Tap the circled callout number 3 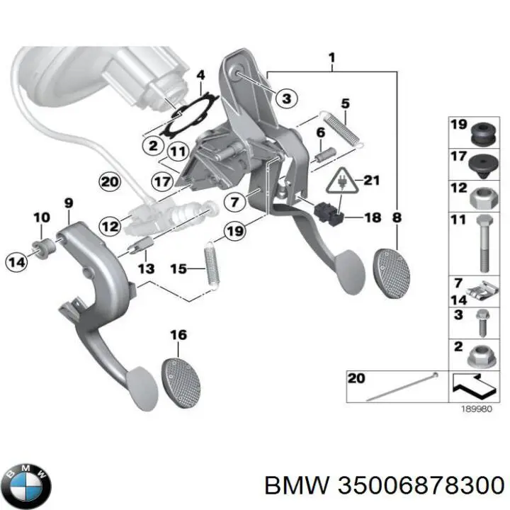click(x=285, y=99)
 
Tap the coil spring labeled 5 click(x=344, y=130)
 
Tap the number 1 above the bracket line click(x=331, y=57)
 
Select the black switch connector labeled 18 click(x=327, y=212)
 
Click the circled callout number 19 click(x=234, y=230)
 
